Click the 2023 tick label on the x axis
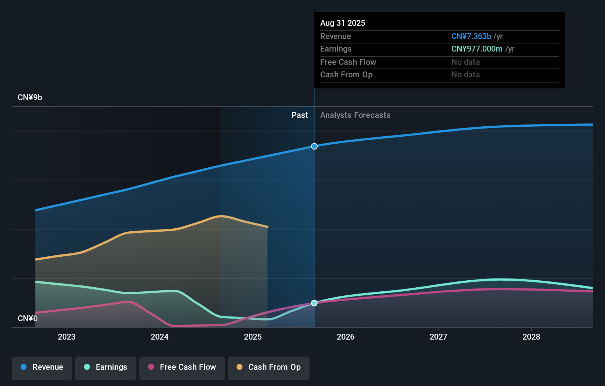pos(67,337)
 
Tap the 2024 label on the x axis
pos(160,337)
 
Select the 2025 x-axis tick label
pos(253,337)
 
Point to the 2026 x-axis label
pos(346,337)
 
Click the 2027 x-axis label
pos(438,337)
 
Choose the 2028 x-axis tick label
pos(531,337)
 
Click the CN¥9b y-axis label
pos(30,98)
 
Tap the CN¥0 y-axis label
pos(28,318)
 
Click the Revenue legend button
pos(42,367)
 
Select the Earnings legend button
pos(106,367)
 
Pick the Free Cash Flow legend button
pos(182,367)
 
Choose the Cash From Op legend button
pos(269,367)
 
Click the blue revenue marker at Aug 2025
pos(314,146)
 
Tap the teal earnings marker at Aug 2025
pos(314,303)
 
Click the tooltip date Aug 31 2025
pos(343,23)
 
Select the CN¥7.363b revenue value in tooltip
pos(471,36)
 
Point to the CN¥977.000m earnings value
pos(477,49)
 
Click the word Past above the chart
pos(300,115)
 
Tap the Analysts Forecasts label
pos(355,115)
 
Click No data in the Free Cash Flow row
pos(465,62)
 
